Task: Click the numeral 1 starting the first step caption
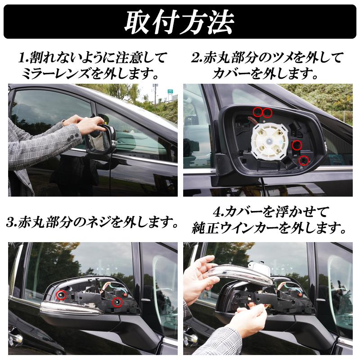(22, 58)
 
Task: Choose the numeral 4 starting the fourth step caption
(216, 211)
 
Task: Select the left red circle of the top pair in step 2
(257, 112)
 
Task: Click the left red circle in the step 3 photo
(61, 295)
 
